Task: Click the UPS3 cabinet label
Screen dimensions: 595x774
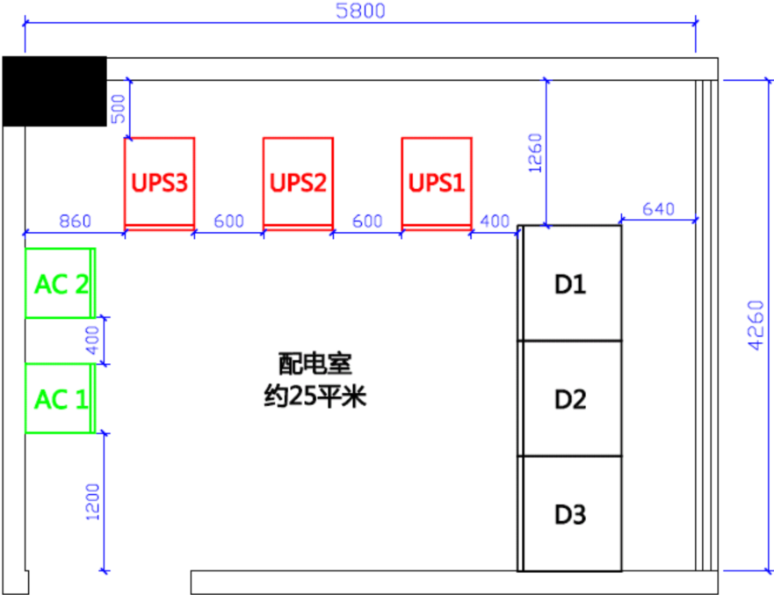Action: (159, 184)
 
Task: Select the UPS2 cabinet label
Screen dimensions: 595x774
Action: (298, 184)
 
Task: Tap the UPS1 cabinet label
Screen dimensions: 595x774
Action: (437, 184)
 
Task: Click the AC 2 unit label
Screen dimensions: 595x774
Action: (61, 284)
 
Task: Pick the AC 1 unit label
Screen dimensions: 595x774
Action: (61, 399)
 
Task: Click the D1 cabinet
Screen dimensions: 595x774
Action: (570, 284)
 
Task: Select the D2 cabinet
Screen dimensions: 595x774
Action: (570, 399)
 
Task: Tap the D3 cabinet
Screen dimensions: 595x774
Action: (570, 513)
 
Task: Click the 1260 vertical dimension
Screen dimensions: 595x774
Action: (535, 154)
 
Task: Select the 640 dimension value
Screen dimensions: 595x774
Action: (659, 209)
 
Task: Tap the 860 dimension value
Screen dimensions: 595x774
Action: (74, 221)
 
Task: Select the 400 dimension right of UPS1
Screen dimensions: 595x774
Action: (495, 221)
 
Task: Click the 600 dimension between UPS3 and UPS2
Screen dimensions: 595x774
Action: (228, 221)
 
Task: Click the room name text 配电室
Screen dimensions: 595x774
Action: (314, 363)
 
